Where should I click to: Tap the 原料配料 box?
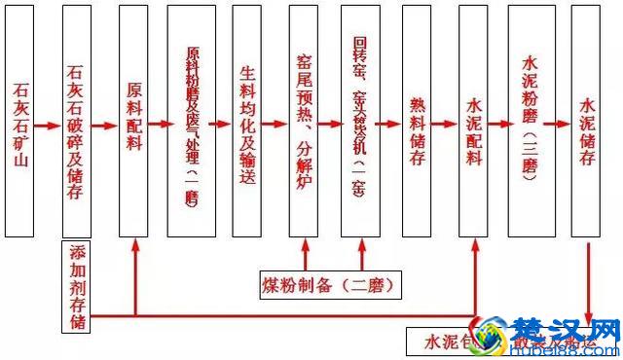tap(133, 122)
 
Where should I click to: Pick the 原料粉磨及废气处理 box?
tap(191, 122)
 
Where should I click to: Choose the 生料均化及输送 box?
tap(247, 122)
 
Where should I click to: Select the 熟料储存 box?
tap(418, 122)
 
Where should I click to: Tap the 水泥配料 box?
tap(474, 122)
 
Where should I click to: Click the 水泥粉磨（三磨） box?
tap(531, 122)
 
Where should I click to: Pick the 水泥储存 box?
tap(586, 122)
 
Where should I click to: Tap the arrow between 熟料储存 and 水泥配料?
tap(446, 125)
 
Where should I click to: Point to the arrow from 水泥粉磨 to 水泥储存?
tap(559, 125)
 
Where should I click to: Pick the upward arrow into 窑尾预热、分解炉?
tap(306, 255)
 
